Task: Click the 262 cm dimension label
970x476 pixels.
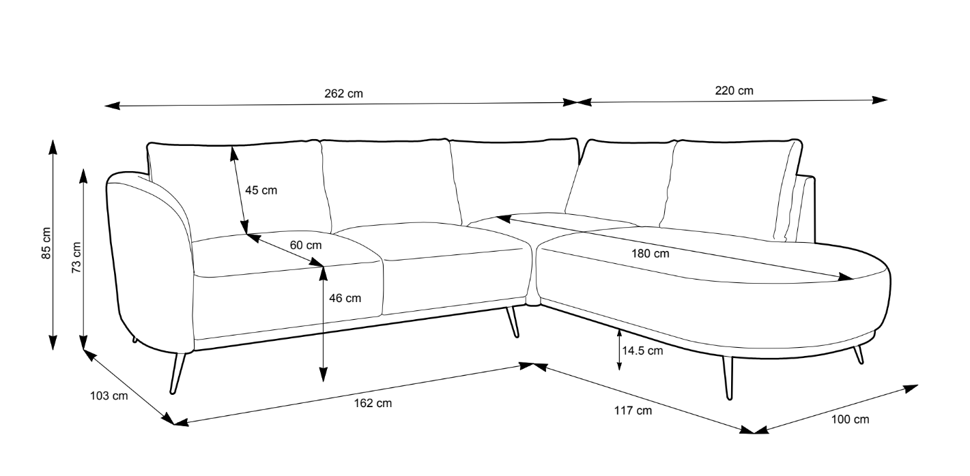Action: click(343, 93)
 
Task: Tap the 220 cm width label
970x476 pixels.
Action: click(734, 91)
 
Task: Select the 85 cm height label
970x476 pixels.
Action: click(46, 243)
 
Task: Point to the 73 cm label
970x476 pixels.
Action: click(76, 256)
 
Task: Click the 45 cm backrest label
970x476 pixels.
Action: click(261, 190)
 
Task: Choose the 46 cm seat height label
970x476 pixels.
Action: click(345, 297)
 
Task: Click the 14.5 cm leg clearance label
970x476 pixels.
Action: click(642, 351)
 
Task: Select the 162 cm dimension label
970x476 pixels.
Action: click(374, 403)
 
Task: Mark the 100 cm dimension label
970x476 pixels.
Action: click(851, 419)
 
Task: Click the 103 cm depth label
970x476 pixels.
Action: click(109, 396)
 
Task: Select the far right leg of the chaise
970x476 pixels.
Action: click(859, 355)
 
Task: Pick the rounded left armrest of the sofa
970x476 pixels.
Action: click(147, 259)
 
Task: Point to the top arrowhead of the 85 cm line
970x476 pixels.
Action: click(53, 145)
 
